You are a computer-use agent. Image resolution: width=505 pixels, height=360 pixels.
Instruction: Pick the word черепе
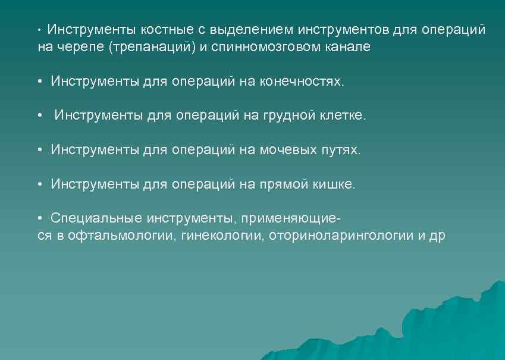coord(81,47)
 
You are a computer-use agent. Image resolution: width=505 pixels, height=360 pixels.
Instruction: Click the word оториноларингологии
coord(341,236)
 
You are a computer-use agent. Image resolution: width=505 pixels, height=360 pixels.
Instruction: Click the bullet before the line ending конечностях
coord(39,82)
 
